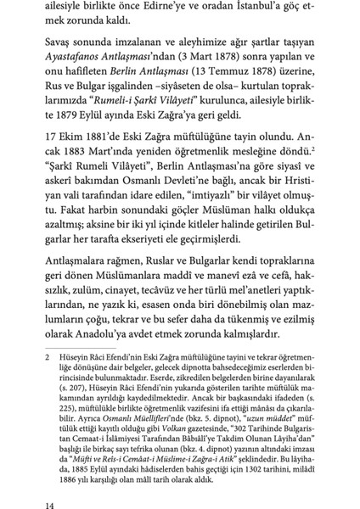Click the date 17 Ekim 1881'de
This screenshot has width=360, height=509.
pyautogui.click(x=75, y=156)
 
